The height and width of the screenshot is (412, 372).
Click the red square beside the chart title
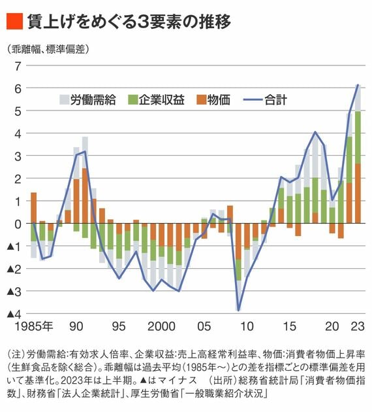14,21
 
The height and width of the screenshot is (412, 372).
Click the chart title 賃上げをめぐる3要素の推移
129,21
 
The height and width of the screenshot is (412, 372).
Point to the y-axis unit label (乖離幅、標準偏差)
48,49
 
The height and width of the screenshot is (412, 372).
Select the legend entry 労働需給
87,100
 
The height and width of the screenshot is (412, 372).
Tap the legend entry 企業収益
156,100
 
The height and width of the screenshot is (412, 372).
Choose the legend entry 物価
213,100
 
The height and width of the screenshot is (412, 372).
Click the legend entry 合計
265,100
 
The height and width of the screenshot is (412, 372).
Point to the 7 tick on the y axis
18,66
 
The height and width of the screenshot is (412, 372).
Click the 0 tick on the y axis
18,224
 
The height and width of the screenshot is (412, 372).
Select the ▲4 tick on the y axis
14,314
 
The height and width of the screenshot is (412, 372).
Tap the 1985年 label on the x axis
34,326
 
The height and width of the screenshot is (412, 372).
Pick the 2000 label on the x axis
161,326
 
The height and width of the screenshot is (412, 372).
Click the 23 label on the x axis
358,326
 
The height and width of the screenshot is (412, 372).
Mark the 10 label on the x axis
247,326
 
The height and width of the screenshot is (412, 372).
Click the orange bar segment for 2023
358,194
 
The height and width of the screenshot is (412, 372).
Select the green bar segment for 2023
358,138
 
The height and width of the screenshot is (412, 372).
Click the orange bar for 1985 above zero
34,208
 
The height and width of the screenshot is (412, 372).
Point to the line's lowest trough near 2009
239,311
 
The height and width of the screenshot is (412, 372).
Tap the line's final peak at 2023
358,84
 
